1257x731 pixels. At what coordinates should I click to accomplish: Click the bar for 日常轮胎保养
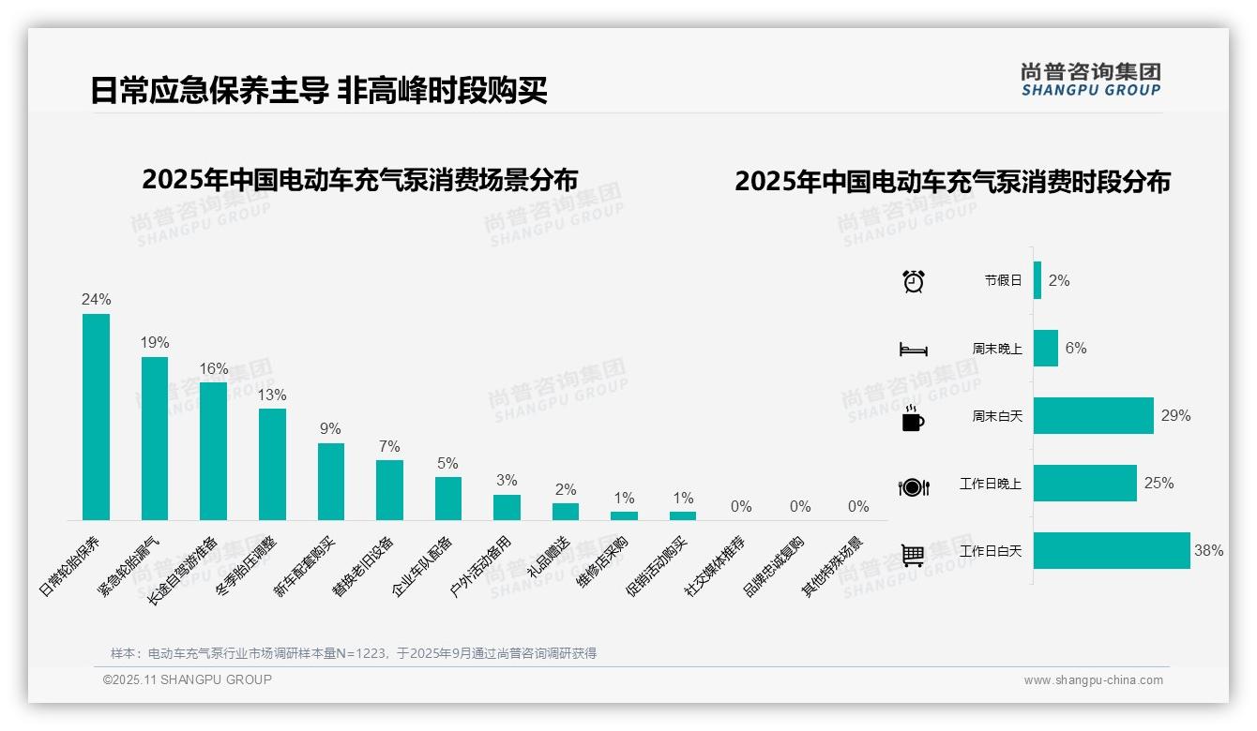(x=96, y=416)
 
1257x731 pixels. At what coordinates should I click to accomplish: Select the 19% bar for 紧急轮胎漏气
(x=155, y=438)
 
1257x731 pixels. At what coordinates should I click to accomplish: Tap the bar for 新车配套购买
(x=330, y=481)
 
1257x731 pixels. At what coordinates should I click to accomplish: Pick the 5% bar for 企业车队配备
(x=447, y=498)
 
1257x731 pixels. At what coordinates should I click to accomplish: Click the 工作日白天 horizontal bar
(x=1111, y=551)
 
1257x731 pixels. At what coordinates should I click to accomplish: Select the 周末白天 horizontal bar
(x=1093, y=416)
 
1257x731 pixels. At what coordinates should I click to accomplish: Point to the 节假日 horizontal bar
(x=1037, y=280)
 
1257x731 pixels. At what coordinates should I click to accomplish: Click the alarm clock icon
(x=913, y=280)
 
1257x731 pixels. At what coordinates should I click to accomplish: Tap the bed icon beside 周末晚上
(x=913, y=349)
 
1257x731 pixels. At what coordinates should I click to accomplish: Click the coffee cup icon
(x=913, y=418)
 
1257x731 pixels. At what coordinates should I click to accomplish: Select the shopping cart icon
(x=913, y=554)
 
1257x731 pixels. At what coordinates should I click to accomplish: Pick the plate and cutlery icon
(x=913, y=486)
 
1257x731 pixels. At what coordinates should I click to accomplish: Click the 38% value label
(x=1208, y=551)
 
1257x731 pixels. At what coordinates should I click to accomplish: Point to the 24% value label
(x=96, y=300)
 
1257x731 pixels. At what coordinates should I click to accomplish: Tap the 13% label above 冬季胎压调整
(x=272, y=395)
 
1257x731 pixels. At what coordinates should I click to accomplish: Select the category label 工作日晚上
(x=991, y=484)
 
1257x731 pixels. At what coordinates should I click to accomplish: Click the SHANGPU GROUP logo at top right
(x=1090, y=80)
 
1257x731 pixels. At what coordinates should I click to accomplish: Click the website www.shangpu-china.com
(x=1093, y=680)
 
